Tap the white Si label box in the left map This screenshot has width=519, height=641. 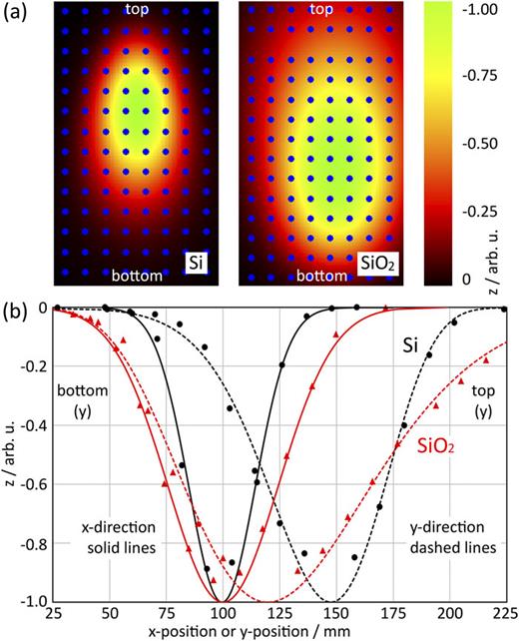point(200,265)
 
